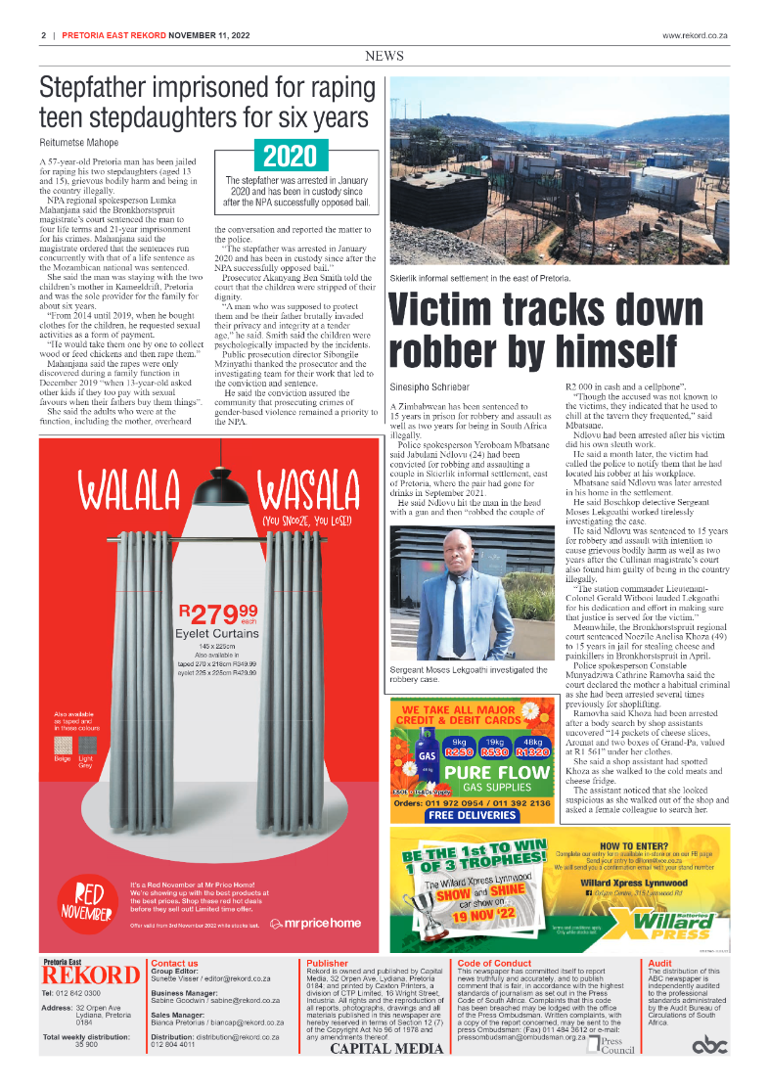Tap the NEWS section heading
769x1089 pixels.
(384, 57)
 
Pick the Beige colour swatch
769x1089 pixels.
(63, 746)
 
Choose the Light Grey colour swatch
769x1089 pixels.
(86, 746)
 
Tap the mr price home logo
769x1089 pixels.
(315, 923)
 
